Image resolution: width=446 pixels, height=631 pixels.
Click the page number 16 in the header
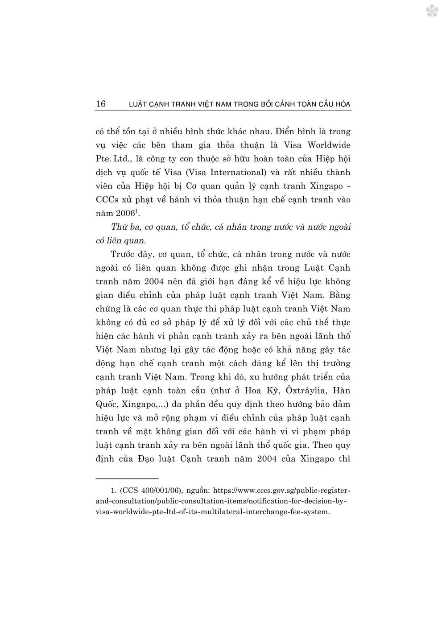101,104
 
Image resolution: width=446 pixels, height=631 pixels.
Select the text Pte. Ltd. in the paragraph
112,159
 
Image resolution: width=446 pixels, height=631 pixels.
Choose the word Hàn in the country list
342,390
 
